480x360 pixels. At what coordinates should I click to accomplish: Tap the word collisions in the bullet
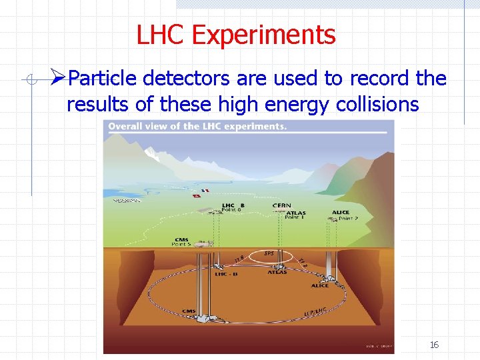pos(379,104)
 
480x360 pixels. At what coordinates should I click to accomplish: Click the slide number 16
pos(433,345)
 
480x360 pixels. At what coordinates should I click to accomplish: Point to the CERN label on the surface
pos(281,205)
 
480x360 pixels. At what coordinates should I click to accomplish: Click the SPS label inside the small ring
pos(269,253)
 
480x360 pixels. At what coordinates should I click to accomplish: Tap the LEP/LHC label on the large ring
pos(315,311)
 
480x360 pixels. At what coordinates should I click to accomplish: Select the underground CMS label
pos(190,311)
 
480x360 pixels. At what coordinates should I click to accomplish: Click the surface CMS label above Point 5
pos(181,240)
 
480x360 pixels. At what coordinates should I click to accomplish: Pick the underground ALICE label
pos(320,286)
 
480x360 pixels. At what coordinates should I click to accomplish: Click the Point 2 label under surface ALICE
pos(347,218)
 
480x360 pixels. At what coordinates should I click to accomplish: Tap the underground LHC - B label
pos(222,273)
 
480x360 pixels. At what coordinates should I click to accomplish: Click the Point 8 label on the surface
pos(232,210)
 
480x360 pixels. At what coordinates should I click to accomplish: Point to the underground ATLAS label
pos(277,272)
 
